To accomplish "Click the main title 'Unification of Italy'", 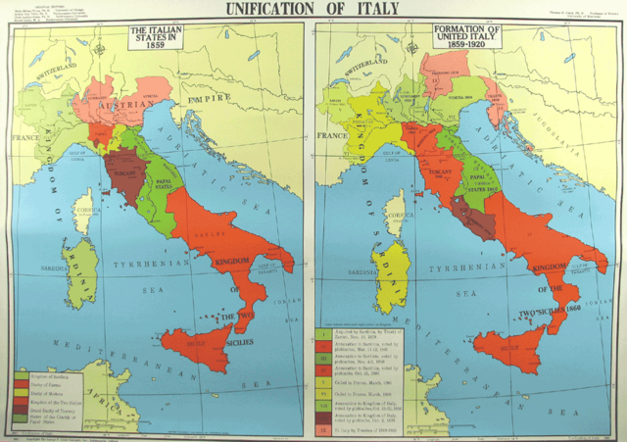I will click(313, 10).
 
